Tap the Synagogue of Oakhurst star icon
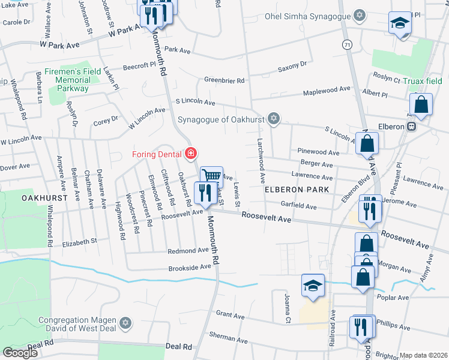[x=274, y=117]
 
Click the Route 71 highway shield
[x=348, y=45]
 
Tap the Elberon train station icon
[x=412, y=127]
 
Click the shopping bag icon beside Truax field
[x=422, y=104]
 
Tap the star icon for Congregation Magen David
[x=125, y=324]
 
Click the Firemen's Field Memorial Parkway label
[x=73, y=80]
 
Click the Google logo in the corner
[x=20, y=353]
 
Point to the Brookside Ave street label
[x=190, y=268]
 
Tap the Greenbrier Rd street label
[x=224, y=80]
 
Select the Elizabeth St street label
[x=80, y=241]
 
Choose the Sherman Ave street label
[x=229, y=338]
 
